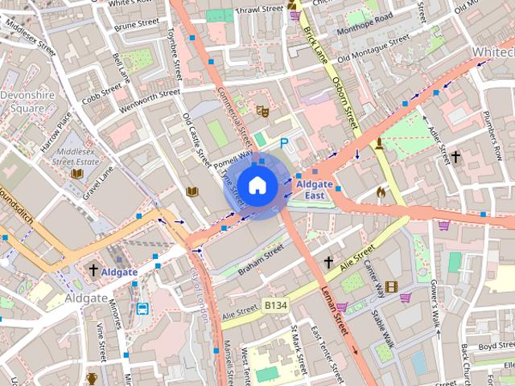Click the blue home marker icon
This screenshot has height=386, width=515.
pyautogui.click(x=257, y=186)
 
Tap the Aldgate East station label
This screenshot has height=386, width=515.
pyautogui.click(x=314, y=190)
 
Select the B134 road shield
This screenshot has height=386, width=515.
pyautogui.click(x=276, y=306)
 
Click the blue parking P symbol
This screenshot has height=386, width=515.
pyautogui.click(x=283, y=142)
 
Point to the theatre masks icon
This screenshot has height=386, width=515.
pyautogui.click(x=262, y=110)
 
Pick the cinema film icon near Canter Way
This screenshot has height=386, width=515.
pyautogui.click(x=391, y=287)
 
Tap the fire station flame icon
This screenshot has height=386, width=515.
pyautogui.click(x=381, y=192)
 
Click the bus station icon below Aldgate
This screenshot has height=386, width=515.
pyautogui.click(x=142, y=309)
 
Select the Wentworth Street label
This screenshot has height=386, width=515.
pyautogui.click(x=149, y=101)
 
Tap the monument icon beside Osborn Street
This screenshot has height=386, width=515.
pyautogui.click(x=379, y=144)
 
